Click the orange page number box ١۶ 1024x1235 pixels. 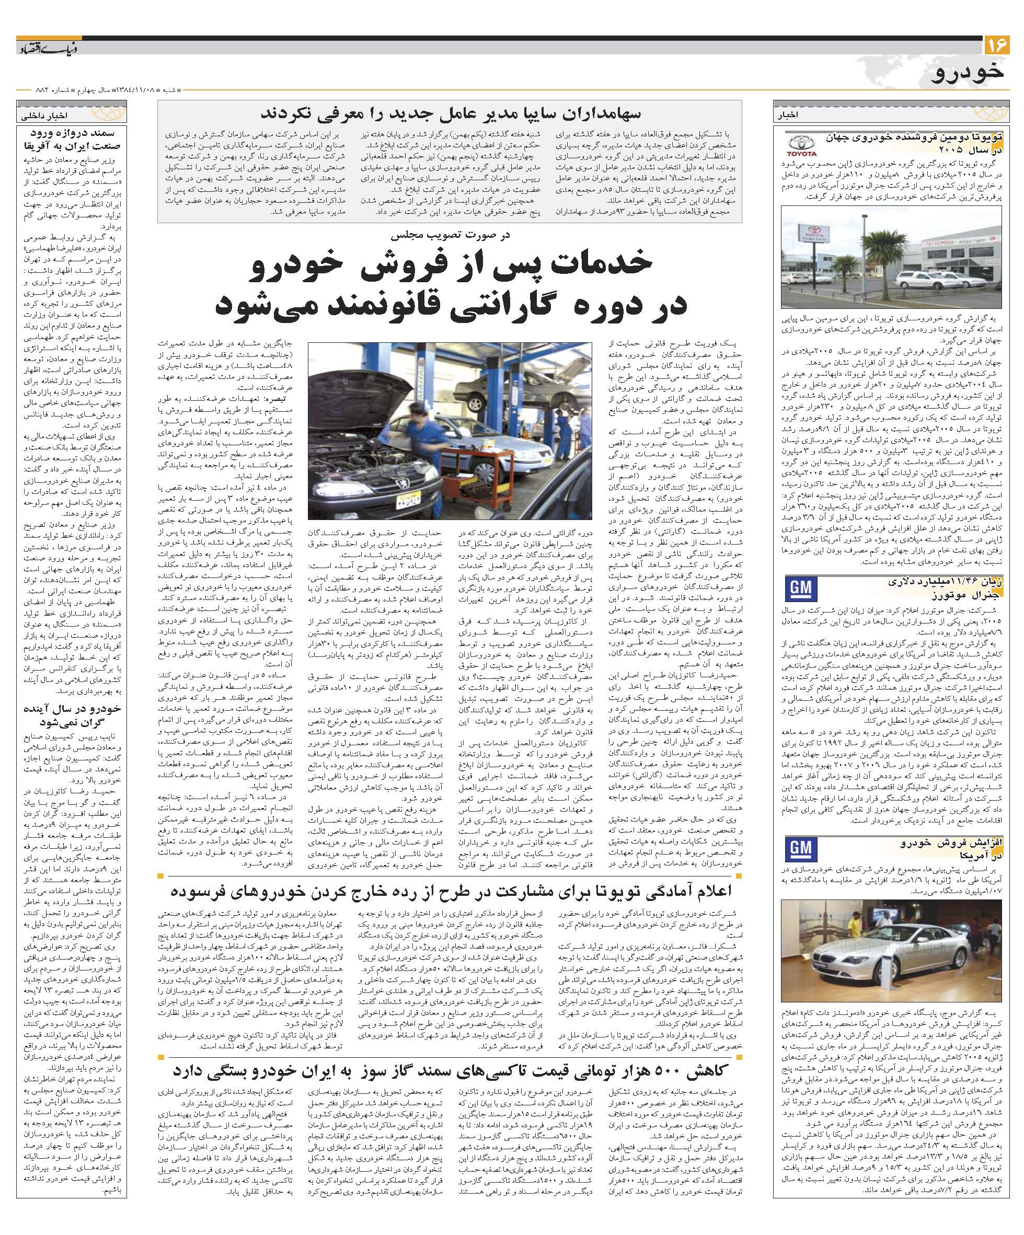(x=996, y=45)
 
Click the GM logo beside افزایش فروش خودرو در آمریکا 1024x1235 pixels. (x=799, y=848)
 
